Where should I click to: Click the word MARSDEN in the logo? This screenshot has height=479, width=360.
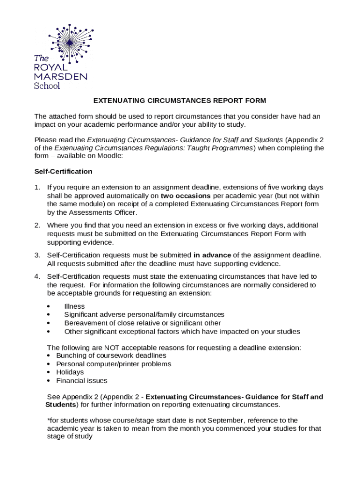click(60, 77)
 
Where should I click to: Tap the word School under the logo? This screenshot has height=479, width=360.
click(47, 86)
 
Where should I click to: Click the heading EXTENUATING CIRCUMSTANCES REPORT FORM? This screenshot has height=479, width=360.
click(180, 101)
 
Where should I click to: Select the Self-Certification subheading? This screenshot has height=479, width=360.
click(63, 172)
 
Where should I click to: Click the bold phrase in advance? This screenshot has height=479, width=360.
click(212, 255)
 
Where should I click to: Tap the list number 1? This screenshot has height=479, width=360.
click(37, 187)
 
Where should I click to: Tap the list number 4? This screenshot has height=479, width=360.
click(37, 276)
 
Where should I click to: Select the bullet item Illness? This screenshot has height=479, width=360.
click(74, 306)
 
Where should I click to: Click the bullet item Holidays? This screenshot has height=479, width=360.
click(70, 372)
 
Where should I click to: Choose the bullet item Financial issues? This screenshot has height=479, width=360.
click(81, 381)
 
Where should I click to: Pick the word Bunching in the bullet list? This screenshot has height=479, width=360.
click(71, 356)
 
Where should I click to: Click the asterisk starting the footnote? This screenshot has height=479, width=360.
click(49, 420)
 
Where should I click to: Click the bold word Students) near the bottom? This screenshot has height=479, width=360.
click(61, 405)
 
